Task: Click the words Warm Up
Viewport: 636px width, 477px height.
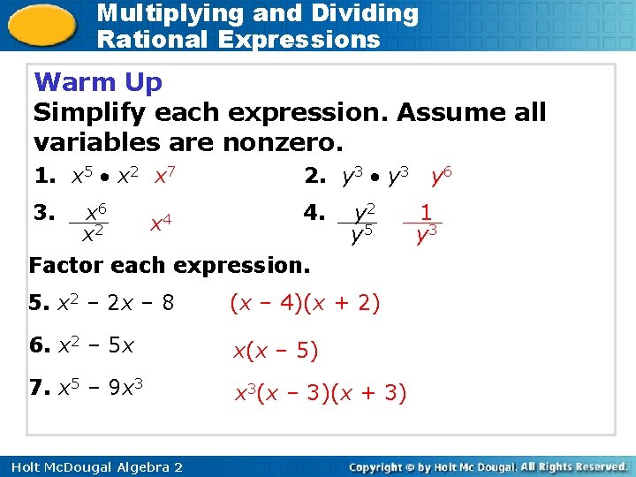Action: pyautogui.click(x=98, y=82)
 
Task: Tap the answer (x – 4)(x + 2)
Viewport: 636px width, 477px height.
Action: pyautogui.click(x=305, y=304)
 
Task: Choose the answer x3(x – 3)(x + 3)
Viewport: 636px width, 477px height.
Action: pyautogui.click(x=319, y=393)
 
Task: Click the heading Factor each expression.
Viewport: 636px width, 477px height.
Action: pyautogui.click(x=169, y=264)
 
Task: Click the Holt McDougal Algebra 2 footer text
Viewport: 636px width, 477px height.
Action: pyautogui.click(x=92, y=466)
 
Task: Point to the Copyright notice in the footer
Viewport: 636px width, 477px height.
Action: pyautogui.click(x=488, y=466)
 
